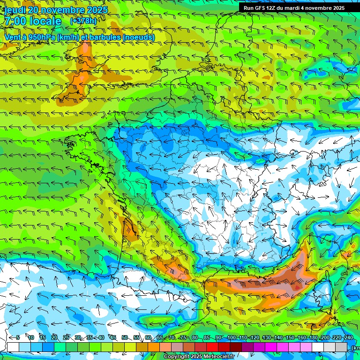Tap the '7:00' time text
(x=15, y=21)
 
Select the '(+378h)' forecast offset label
(x=84, y=21)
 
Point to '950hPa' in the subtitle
(x=41, y=37)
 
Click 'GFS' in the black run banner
(x=261, y=8)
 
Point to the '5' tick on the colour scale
(x=18, y=337)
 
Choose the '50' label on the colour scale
(x=125, y=337)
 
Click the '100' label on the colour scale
(x=232, y=337)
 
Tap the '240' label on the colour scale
(x=349, y=337)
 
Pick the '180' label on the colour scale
(x=314, y=337)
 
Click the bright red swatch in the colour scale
(x=212, y=347)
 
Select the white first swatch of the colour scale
(x=13, y=347)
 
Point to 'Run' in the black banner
(x=248, y=8)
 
